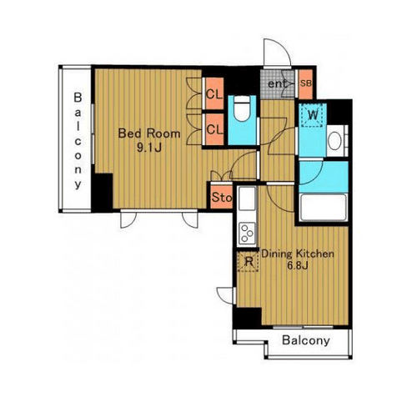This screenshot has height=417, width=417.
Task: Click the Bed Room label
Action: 149,133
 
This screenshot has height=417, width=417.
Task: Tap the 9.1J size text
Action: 149,148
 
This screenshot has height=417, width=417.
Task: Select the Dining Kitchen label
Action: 298,254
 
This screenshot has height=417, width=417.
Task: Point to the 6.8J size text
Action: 298,266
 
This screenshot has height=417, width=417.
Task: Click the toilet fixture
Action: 242,108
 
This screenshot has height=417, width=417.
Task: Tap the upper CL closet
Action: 214,93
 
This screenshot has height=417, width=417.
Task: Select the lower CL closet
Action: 214,129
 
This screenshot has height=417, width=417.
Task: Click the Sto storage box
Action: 221,197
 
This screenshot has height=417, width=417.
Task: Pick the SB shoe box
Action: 305,83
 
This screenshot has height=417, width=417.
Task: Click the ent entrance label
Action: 277,83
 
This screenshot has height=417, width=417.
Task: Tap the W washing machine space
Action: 313,115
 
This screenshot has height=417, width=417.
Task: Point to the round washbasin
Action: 334,141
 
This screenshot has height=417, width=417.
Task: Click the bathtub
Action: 324,208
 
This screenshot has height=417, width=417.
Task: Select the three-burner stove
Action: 247,234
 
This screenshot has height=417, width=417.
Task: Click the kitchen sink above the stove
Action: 247,198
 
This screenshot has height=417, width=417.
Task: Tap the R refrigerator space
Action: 249,261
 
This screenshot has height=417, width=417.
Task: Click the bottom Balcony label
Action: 306,340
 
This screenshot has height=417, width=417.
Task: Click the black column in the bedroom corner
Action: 103,193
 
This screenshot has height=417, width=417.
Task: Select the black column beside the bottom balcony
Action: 247,318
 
